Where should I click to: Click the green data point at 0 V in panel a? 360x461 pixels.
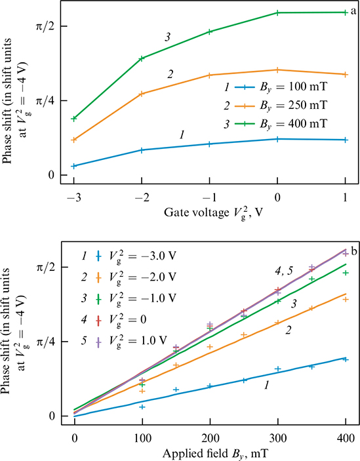277,12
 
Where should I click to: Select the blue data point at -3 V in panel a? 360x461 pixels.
74,166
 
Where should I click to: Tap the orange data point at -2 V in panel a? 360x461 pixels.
142,94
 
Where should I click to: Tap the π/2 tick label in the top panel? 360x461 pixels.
47,26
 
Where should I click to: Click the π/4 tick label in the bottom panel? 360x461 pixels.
47,342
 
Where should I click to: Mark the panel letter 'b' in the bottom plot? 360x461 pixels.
353,251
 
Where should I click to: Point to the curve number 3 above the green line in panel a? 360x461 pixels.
169,39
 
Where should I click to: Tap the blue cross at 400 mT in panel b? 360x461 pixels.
346,359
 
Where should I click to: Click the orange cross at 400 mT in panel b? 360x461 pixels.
346,299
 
